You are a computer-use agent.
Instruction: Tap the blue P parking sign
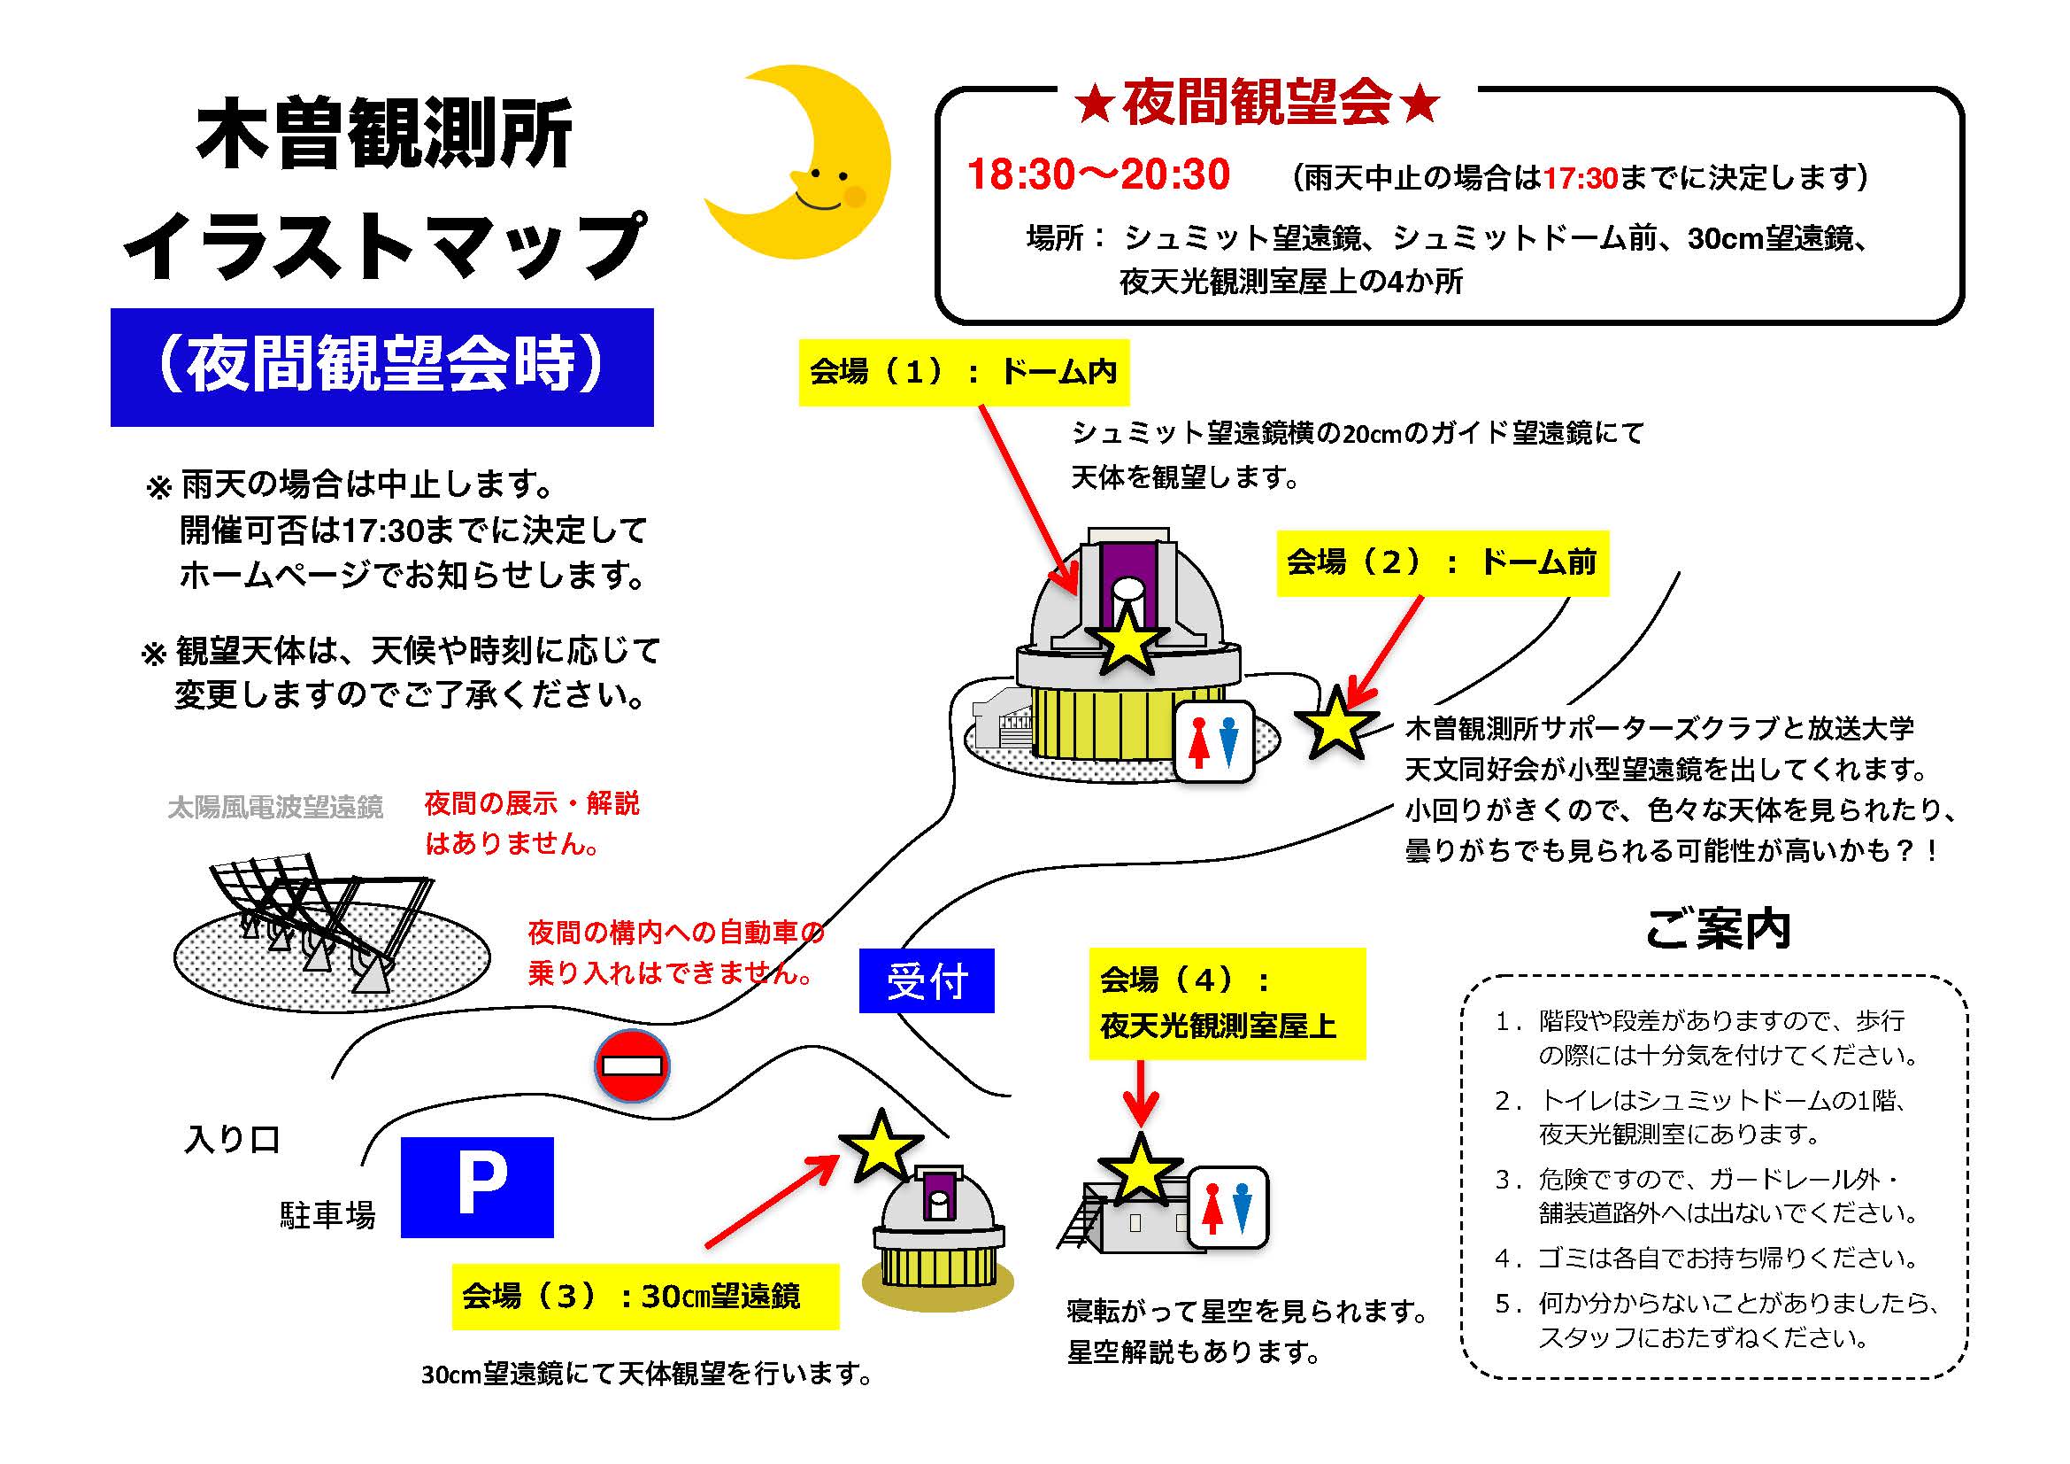[x=477, y=1187]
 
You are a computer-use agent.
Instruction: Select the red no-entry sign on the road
[x=632, y=1065]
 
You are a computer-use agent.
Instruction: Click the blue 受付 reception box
[x=927, y=980]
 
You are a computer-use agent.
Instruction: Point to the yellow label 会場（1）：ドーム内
[x=964, y=372]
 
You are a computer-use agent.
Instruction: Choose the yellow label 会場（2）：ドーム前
[x=1443, y=563]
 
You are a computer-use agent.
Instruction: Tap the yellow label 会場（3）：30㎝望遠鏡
[x=645, y=1297]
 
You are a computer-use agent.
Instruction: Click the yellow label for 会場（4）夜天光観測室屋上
[x=1227, y=1003]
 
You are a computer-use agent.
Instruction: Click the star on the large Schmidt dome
[x=1127, y=640]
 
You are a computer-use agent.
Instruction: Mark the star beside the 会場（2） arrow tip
[x=1336, y=722]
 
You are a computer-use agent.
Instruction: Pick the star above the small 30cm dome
[x=881, y=1146]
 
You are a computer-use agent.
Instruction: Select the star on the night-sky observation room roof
[x=1141, y=1170]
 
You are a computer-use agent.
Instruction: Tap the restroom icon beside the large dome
[x=1213, y=741]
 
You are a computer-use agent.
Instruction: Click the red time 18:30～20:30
[x=1098, y=174]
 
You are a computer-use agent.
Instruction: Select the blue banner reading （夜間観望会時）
[x=382, y=368]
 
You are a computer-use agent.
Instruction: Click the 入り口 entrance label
[x=233, y=1139]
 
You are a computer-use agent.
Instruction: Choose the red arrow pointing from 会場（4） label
[x=1141, y=1094]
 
